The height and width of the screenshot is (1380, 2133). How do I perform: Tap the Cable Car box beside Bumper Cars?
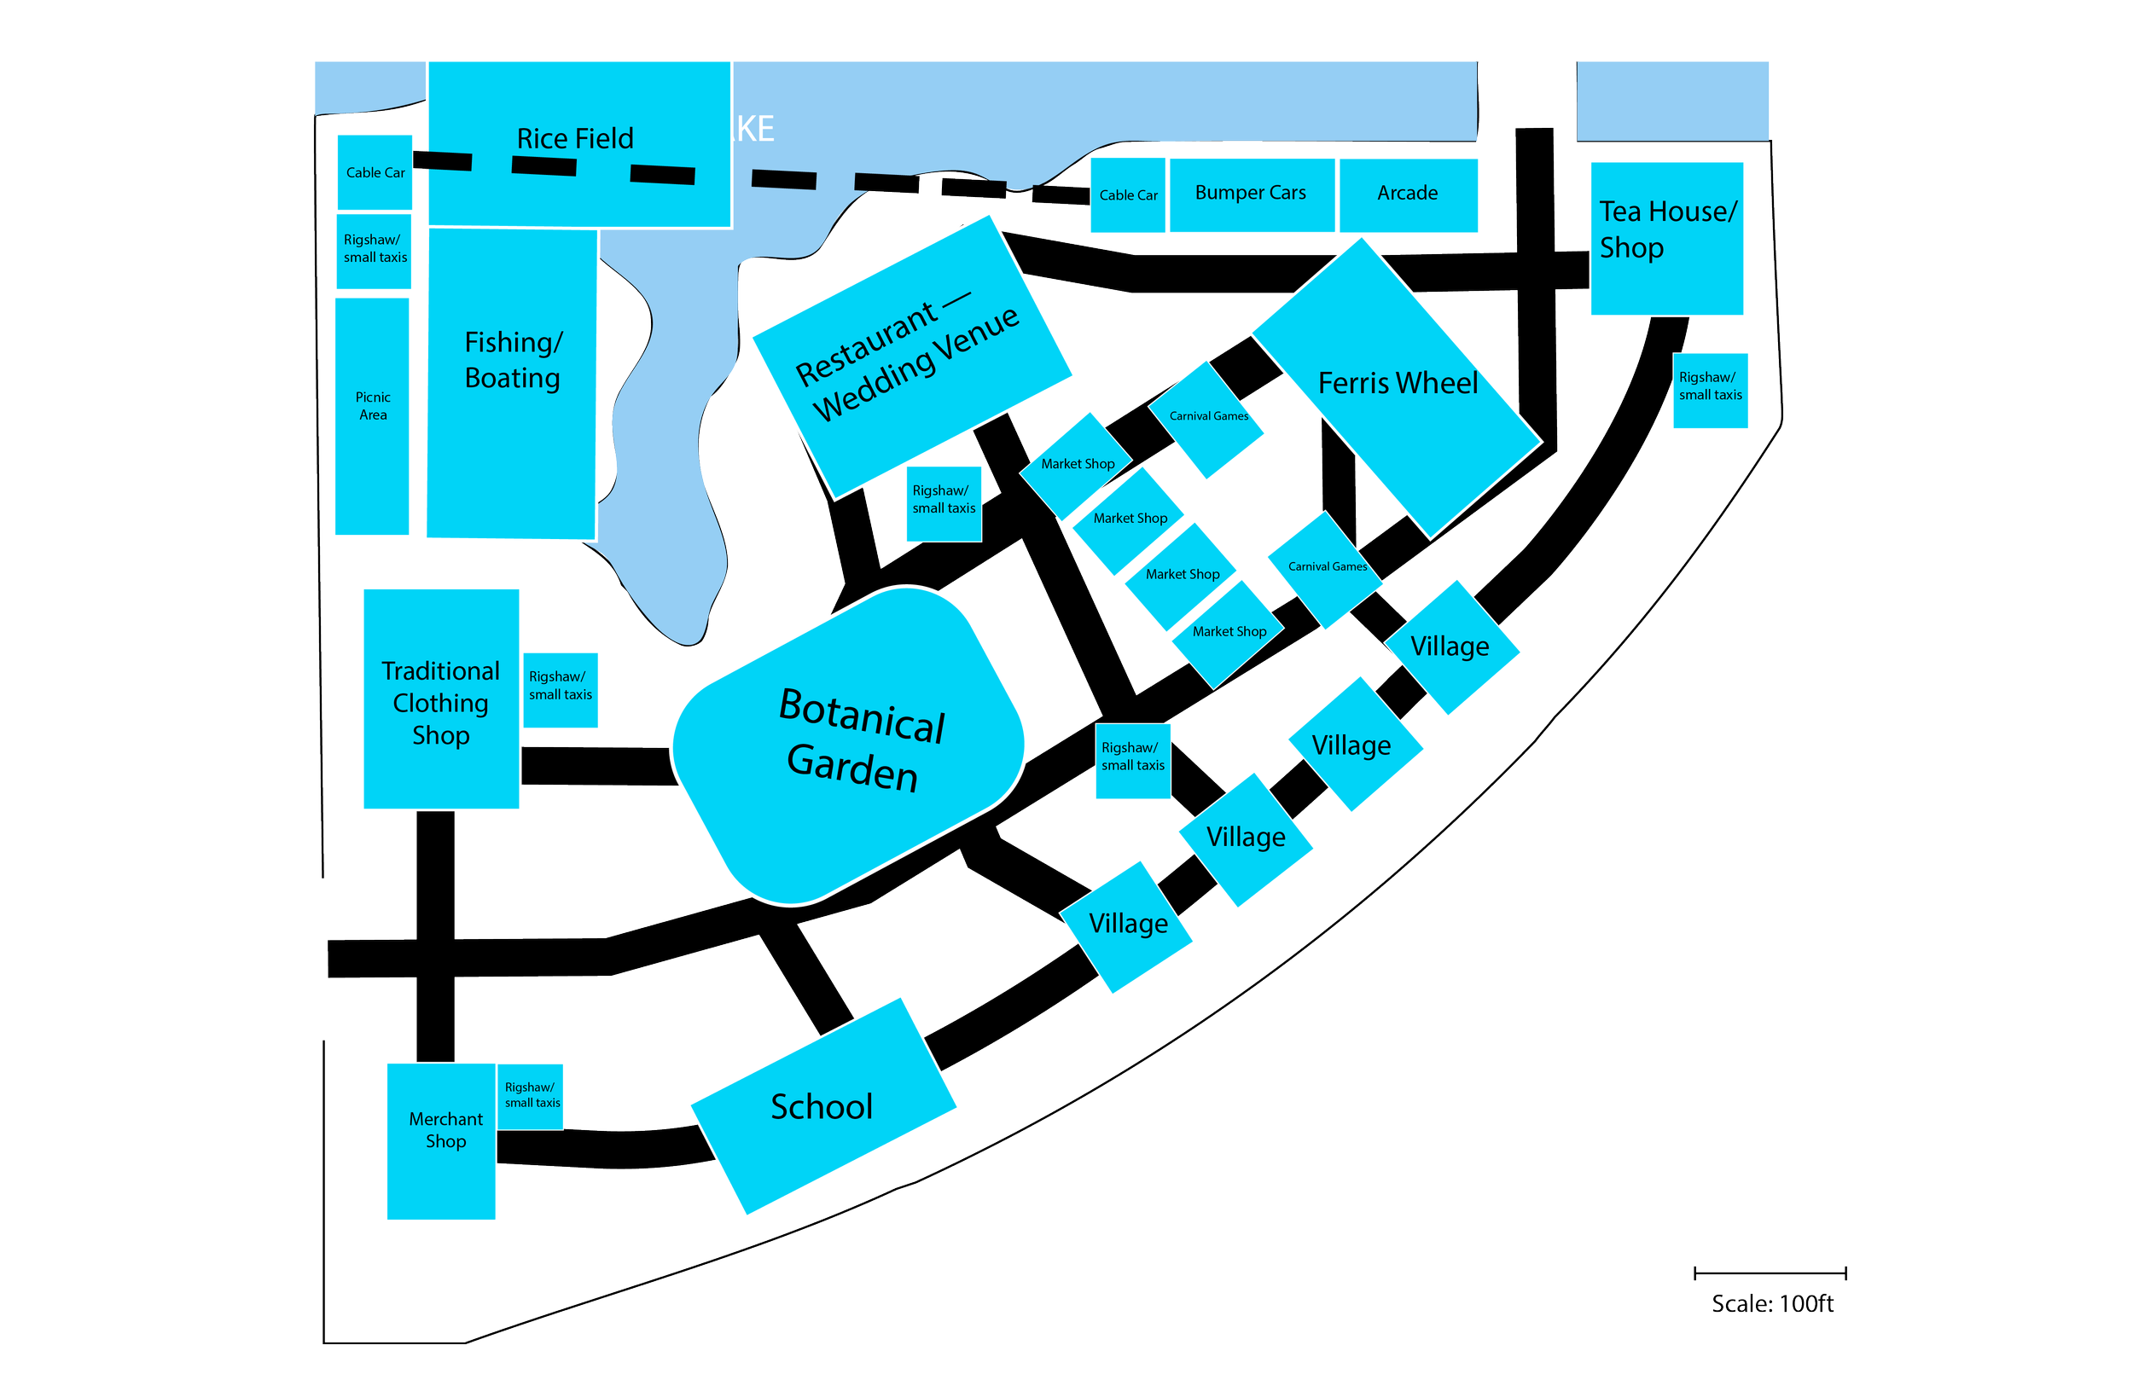tap(1127, 195)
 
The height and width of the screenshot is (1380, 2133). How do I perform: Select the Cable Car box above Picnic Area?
tap(375, 172)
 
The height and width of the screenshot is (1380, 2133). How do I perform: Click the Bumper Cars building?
tap(1251, 194)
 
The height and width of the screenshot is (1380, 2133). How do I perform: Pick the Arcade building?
tap(1408, 194)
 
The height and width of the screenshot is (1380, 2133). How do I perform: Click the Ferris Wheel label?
tap(1398, 384)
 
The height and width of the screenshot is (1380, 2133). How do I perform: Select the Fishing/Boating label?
tap(513, 360)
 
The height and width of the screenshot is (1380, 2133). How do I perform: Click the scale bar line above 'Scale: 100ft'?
tap(1770, 1273)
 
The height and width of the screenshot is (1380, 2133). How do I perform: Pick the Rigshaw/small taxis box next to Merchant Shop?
tap(531, 1096)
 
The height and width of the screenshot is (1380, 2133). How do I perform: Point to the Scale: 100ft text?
tap(1772, 1304)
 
